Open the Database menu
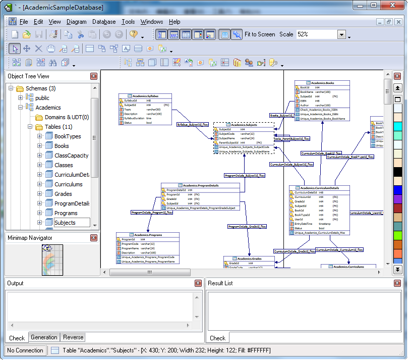coord(104,22)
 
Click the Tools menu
coord(128,22)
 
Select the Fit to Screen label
coord(260,34)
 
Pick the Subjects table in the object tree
coord(65,223)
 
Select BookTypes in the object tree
coord(68,136)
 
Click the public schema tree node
coord(42,98)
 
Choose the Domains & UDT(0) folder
coord(67,117)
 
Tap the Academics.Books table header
coord(322,83)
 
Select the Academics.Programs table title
coord(148,235)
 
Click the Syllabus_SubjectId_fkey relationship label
coord(193,124)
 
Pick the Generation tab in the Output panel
coord(44,337)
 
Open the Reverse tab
coord(73,337)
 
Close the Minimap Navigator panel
coord(94,238)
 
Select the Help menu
coord(174,22)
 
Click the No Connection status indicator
coord(25,350)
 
